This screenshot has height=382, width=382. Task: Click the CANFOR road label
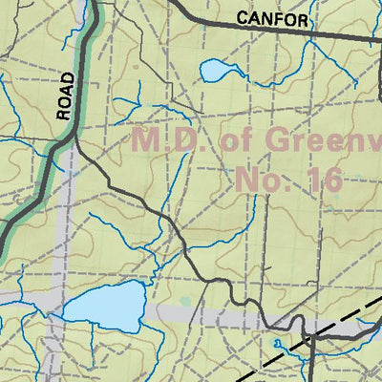point(272,19)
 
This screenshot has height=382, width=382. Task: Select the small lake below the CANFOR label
point(216,71)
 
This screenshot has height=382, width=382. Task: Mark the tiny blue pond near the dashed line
point(277,342)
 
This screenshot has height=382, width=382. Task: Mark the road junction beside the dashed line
point(313,336)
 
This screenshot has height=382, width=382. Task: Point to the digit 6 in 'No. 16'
point(333,178)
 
